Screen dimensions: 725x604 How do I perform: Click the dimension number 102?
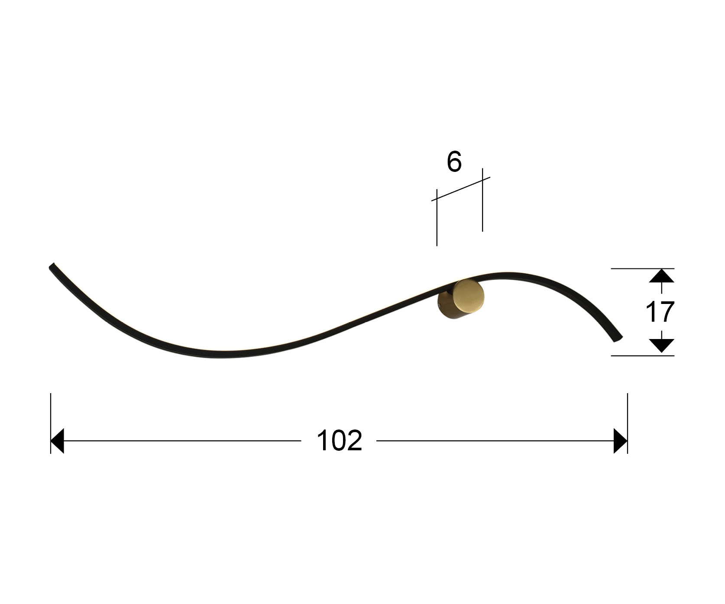coord(339,441)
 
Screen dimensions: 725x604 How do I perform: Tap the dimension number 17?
coord(660,312)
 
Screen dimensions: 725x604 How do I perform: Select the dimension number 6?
coord(454,162)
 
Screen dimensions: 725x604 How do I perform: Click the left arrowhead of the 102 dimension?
coord(57,441)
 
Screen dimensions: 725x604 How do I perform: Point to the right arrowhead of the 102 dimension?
coord(621,441)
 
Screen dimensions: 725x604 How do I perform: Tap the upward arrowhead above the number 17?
coord(661,276)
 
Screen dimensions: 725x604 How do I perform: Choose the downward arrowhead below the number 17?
coord(661,346)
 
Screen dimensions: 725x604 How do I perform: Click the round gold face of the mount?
coord(469,296)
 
